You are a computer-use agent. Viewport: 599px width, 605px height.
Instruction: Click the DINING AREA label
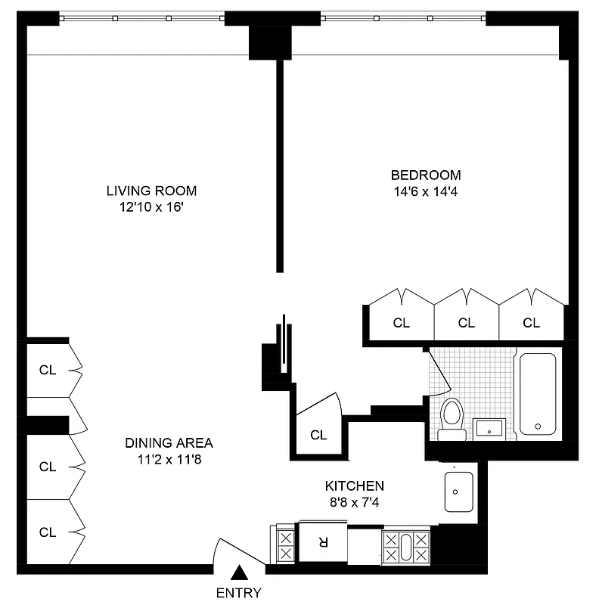pos(169,443)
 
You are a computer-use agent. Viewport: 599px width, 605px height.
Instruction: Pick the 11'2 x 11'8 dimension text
pos(169,458)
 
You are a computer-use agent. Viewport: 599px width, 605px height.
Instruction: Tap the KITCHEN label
pos(354,486)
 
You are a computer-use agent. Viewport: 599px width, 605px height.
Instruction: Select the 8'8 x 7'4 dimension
pos(354,501)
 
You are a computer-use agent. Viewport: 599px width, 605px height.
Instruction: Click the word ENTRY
pos(238,592)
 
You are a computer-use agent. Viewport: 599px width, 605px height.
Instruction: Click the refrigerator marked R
pos(323,541)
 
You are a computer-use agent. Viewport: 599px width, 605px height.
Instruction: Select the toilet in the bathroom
pos(452,419)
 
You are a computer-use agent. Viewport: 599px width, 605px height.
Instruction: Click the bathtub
pos(538,393)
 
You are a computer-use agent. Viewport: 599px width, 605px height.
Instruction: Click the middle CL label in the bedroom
pos(467,323)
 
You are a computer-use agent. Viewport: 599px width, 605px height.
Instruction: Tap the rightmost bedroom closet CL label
pos(532,323)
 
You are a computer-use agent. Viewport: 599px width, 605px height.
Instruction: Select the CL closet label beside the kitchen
pos(318,435)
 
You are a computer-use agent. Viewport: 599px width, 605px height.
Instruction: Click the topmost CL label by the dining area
pos(48,370)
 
